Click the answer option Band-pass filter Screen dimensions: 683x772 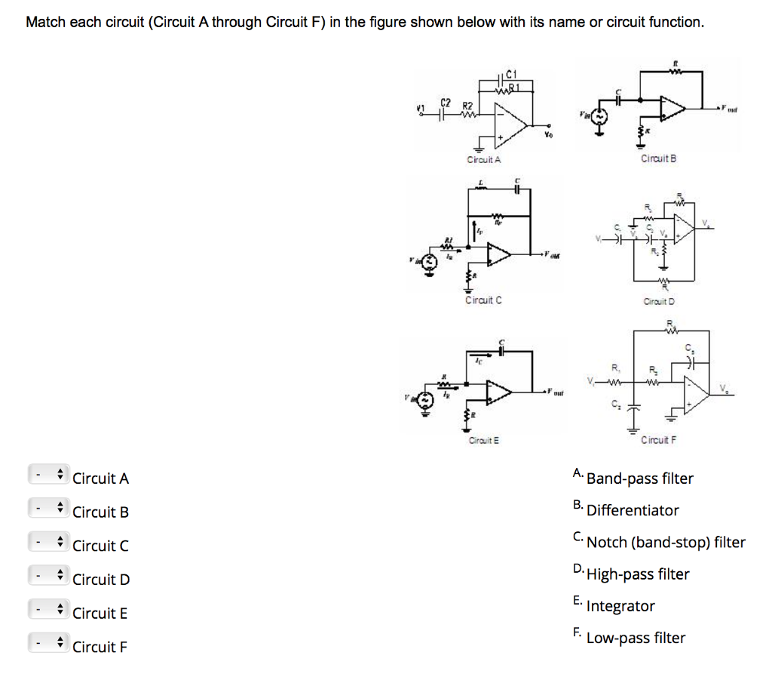639,478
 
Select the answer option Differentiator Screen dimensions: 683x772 633,510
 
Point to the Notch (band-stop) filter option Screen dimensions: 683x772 666,543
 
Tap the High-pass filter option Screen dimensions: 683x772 638,574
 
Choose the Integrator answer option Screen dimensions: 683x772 620,606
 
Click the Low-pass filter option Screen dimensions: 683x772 636,638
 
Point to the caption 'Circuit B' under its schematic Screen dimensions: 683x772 658,158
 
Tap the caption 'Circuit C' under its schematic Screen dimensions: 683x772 484,300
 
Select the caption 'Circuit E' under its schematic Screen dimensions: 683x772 484,440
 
